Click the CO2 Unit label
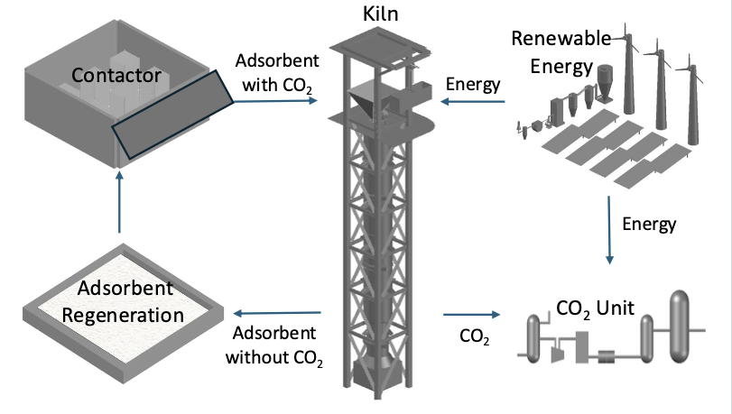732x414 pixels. point(595,308)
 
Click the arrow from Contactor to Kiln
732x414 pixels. point(276,101)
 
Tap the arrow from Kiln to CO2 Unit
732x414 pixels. point(471,315)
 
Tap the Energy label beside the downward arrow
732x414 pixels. point(649,223)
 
